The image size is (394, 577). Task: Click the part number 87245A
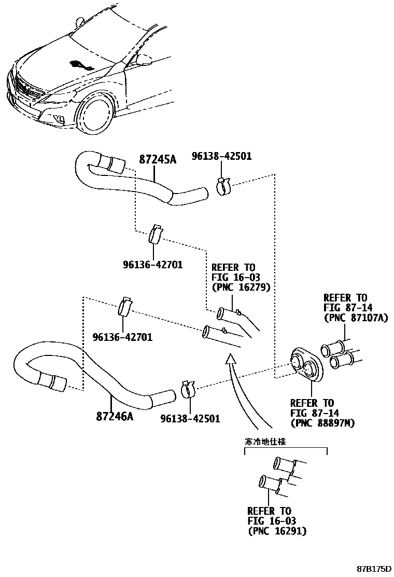point(158,159)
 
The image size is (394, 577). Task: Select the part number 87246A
point(114,416)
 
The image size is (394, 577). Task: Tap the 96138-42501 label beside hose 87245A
point(221,156)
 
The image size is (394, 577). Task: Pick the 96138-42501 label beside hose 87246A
point(190,418)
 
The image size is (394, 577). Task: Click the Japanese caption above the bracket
point(265,442)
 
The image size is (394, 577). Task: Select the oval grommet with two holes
point(306,364)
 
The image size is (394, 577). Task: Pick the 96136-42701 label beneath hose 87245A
point(152,265)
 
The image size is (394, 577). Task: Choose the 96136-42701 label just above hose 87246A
point(123,337)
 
